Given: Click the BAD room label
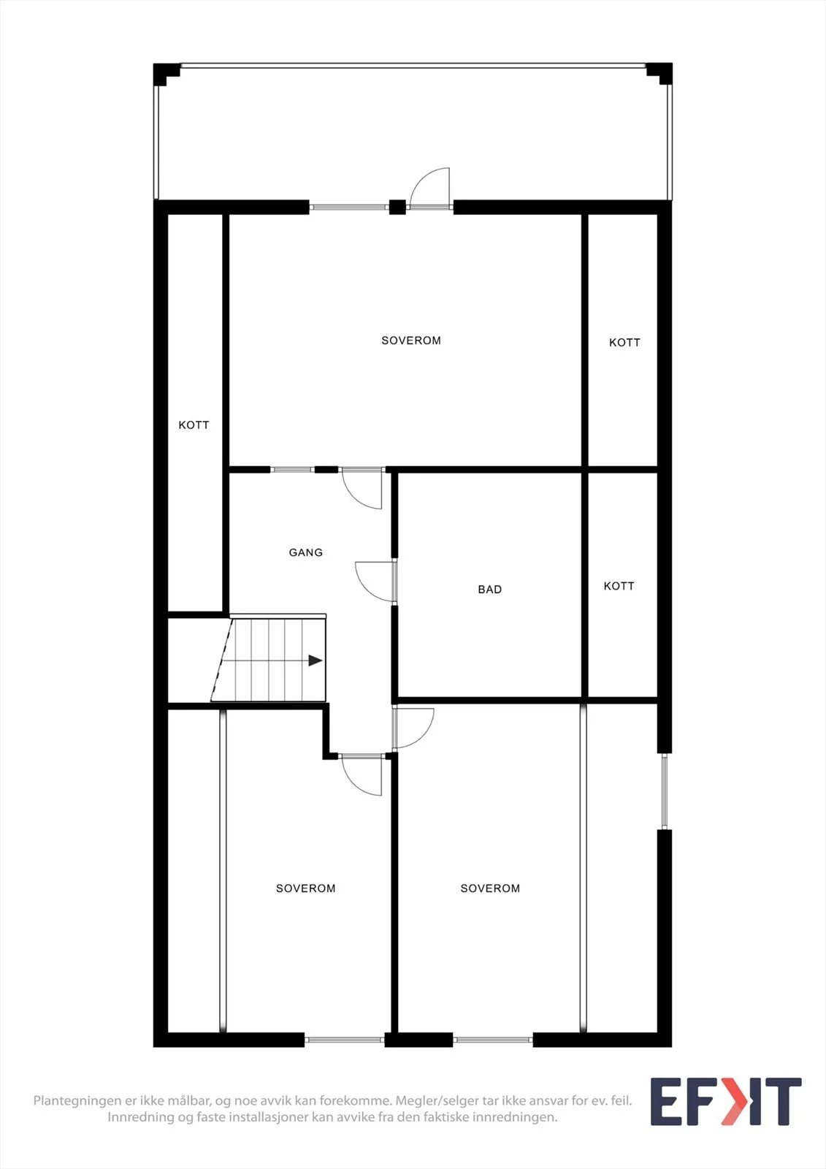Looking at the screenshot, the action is point(489,590).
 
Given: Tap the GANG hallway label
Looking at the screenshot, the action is point(306,552).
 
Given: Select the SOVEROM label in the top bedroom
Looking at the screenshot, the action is point(411,340).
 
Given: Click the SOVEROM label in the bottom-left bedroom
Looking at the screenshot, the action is point(306,888).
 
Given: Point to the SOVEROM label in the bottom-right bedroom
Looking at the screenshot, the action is point(490,888).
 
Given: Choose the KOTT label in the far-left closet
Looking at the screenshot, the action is point(194,425).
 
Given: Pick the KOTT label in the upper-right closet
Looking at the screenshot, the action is point(624,343).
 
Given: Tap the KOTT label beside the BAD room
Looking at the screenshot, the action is point(619,586).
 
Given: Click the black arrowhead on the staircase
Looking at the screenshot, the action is point(316,660).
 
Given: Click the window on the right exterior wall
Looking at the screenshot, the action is point(665,791).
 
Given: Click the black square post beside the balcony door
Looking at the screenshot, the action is point(397,207).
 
